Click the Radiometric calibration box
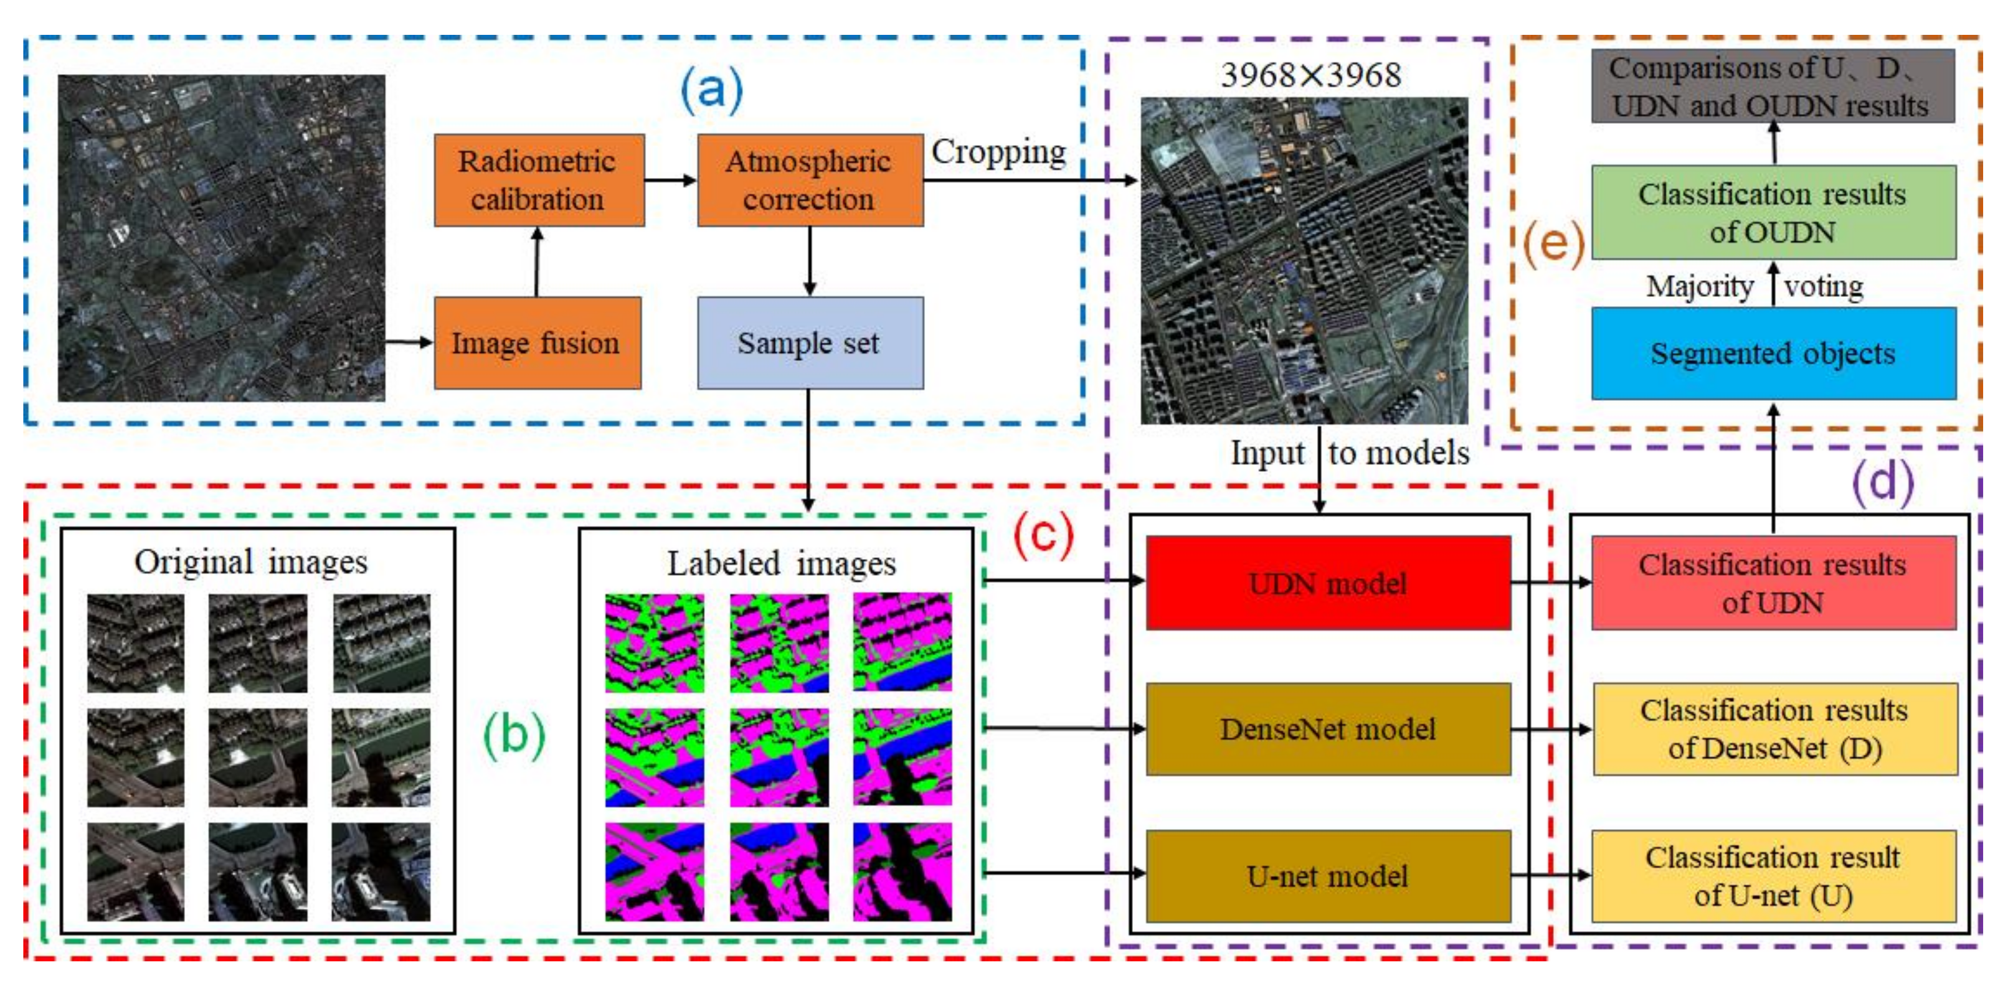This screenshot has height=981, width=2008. [x=539, y=180]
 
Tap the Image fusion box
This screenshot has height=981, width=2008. [x=537, y=343]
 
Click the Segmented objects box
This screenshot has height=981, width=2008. [x=1773, y=354]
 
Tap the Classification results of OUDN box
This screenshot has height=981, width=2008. [x=1773, y=212]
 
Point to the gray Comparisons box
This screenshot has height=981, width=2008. [x=1773, y=86]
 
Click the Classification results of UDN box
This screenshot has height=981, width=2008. [x=1773, y=583]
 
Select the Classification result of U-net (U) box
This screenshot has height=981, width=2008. [x=1773, y=876]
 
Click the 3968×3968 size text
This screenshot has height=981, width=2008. [x=1310, y=75]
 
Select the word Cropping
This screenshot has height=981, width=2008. [x=998, y=152]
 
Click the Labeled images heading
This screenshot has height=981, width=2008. [x=781, y=563]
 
